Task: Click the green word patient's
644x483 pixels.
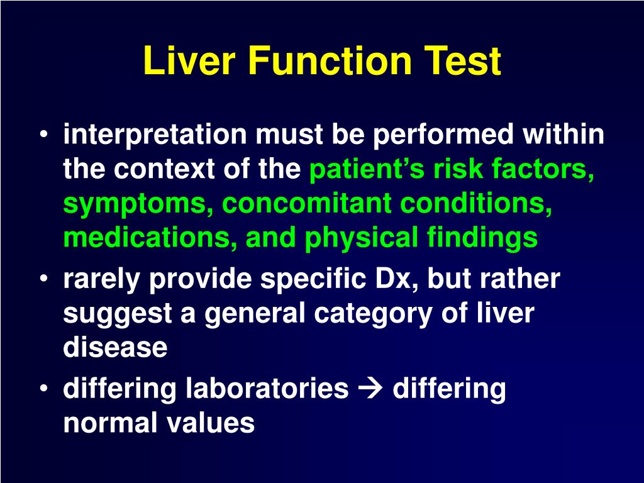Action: [362, 169]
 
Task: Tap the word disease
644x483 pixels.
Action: [115, 348]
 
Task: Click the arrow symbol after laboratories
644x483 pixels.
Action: [370, 389]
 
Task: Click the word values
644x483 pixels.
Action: [211, 423]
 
